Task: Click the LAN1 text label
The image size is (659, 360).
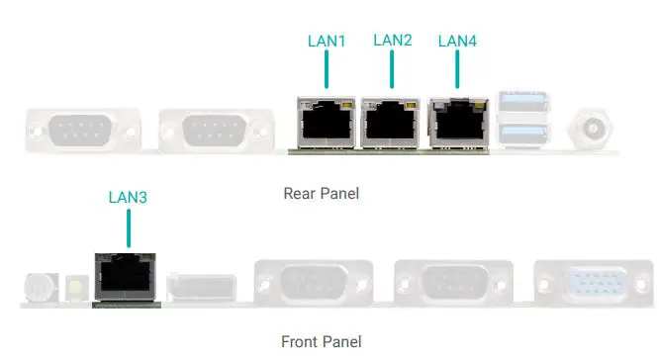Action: click(328, 42)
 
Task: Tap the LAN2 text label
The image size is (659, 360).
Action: click(392, 41)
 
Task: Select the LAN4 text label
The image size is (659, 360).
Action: click(457, 42)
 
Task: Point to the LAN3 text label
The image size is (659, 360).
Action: click(128, 197)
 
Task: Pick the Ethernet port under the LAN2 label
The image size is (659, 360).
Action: click(390, 123)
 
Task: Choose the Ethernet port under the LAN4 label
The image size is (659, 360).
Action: click(457, 123)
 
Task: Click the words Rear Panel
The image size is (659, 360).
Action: click(321, 193)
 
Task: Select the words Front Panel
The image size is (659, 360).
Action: click(321, 342)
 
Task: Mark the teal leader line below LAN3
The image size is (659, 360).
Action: click(128, 228)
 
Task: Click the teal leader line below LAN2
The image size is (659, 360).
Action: click(392, 72)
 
